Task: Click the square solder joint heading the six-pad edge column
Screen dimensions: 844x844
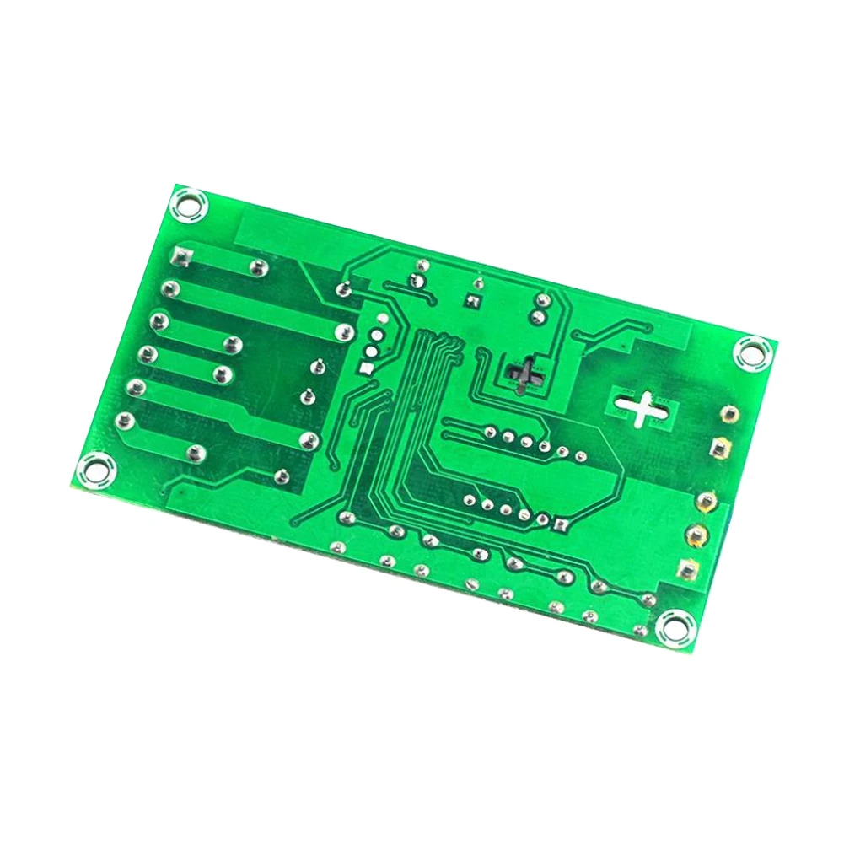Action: click(180, 254)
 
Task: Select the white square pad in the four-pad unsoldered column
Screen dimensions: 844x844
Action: click(365, 368)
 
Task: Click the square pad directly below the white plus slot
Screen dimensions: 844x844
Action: click(719, 447)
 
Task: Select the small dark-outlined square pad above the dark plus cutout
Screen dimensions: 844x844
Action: click(472, 299)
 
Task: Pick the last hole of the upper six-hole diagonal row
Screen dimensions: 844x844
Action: click(580, 457)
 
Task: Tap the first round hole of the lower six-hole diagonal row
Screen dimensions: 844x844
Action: click(470, 499)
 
